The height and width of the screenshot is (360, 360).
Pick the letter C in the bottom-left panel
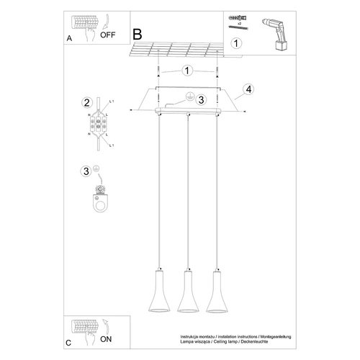coord(68,343)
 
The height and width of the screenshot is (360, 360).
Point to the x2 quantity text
coord(238,23)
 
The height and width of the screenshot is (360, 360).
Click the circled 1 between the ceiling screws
coord(186,71)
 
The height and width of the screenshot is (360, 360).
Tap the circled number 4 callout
coord(248,89)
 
